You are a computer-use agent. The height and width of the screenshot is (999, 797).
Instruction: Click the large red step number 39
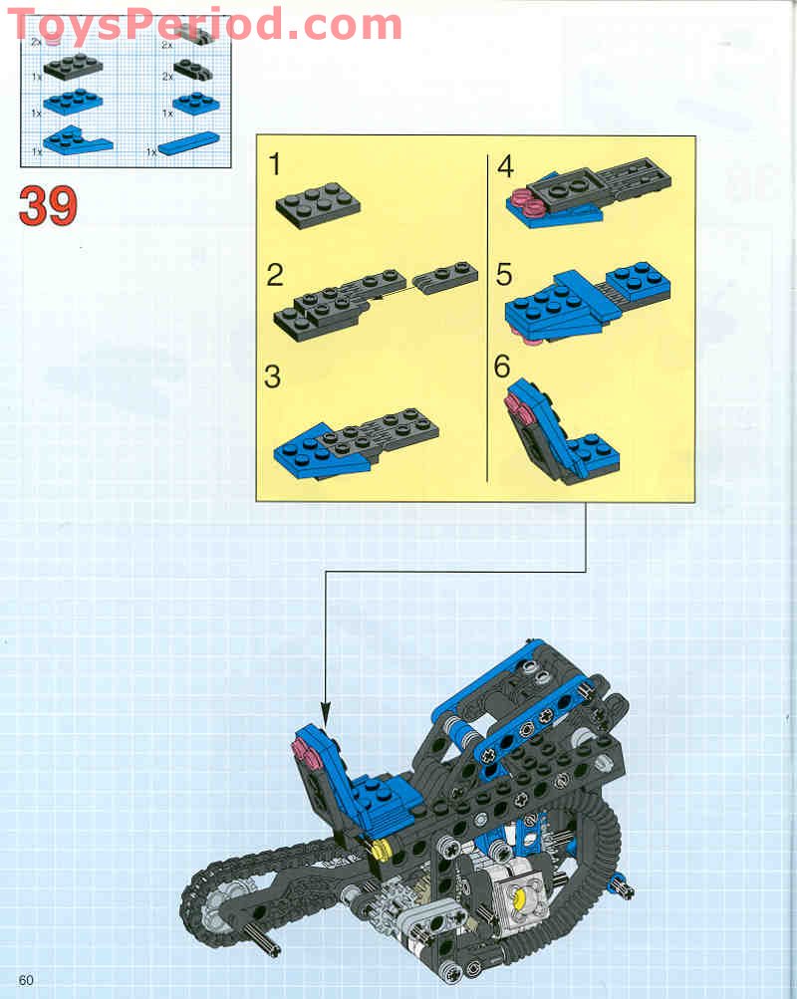point(48,206)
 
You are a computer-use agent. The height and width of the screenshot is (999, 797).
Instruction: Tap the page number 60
point(26,980)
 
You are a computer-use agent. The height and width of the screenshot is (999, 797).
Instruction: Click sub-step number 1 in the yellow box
point(275,165)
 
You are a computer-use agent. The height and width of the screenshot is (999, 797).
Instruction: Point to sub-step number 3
point(273,377)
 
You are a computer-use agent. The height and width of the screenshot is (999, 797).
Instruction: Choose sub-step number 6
point(503,367)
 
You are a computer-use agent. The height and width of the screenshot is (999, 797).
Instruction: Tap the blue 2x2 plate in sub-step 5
point(638,282)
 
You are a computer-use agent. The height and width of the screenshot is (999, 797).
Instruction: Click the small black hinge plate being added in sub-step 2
point(444,273)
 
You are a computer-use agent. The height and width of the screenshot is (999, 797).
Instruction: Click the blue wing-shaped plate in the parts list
point(80,139)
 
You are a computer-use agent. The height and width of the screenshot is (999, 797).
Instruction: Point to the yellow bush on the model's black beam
point(379,849)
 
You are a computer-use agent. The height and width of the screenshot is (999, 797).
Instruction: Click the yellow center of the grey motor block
point(521,899)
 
